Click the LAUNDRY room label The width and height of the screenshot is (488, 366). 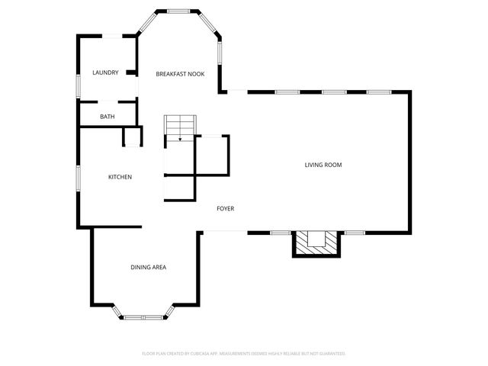(105, 73)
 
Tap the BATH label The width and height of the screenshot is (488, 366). (107, 117)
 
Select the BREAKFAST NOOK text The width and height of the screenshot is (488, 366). (180, 74)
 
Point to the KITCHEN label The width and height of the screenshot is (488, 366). (120, 177)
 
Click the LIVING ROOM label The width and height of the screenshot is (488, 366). (323, 165)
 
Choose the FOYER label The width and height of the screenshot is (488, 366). (225, 208)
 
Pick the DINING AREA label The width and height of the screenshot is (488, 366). (148, 267)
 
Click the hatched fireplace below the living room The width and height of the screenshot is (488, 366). (315, 242)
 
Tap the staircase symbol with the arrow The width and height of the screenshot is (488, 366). (181, 127)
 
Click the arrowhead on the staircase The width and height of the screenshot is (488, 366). (181, 139)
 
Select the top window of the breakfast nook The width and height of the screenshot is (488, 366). (178, 11)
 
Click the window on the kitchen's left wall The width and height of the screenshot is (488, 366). (78, 177)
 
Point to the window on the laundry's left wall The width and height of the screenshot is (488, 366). (78, 85)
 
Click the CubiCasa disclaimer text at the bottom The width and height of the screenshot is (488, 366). (244, 354)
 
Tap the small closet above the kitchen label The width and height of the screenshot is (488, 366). (133, 138)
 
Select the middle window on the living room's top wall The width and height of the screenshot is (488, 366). (333, 92)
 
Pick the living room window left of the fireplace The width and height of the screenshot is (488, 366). (281, 232)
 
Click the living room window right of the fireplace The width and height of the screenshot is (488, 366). (355, 232)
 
